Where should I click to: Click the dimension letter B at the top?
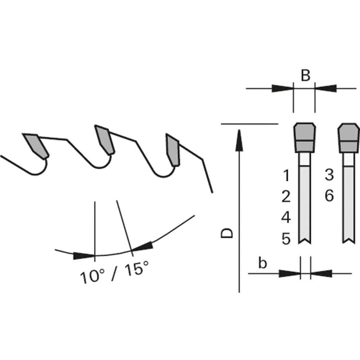pyautogui.click(x=305, y=75)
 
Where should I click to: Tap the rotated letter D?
pyautogui.click(x=227, y=233)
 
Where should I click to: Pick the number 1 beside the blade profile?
pyautogui.click(x=286, y=176)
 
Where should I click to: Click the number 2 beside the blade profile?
pyautogui.click(x=286, y=196)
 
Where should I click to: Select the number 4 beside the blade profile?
pyautogui.click(x=286, y=217)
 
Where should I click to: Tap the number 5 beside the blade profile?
pyautogui.click(x=286, y=239)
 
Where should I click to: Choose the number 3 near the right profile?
pyautogui.click(x=329, y=175)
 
